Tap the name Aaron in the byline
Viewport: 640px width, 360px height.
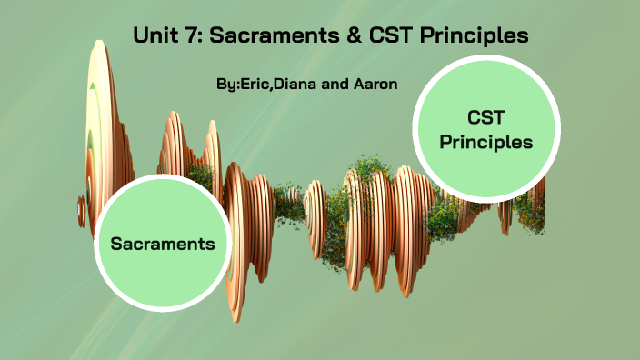pos(374,84)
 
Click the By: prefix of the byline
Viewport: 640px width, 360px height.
pos(227,84)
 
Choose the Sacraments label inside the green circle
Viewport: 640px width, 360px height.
pos(163,244)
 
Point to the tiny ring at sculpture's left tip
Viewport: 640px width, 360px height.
pos(81,212)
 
